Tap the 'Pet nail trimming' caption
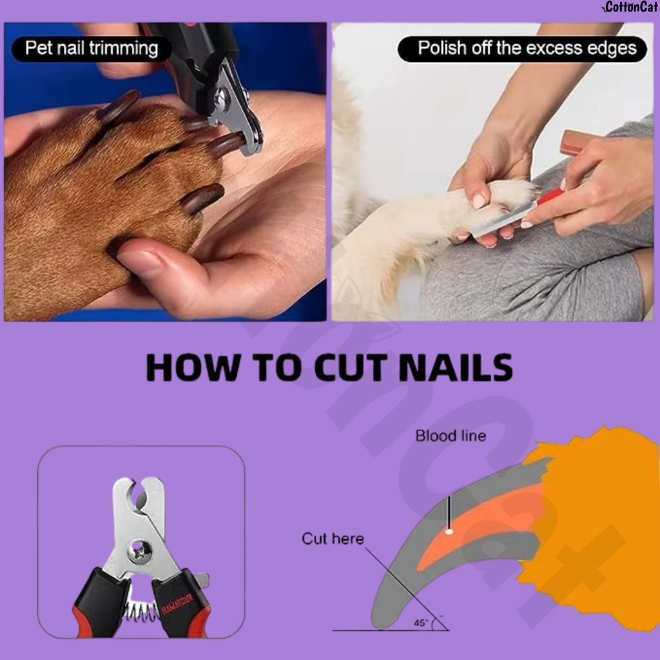coord(91,48)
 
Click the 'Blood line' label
coord(451,436)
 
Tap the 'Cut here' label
coord(333,539)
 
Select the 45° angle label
coord(422,623)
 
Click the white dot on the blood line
coord(449,532)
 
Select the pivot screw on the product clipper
coord(139,550)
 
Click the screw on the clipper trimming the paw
coord(222,98)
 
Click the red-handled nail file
coord(548,197)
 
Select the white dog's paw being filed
coord(503,200)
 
